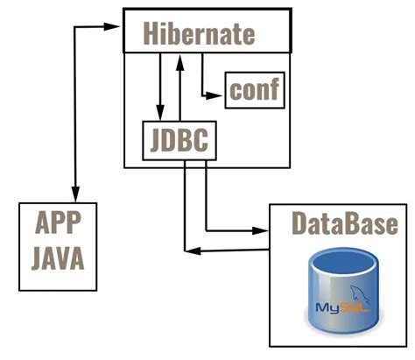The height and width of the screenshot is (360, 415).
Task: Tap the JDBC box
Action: (x=179, y=140)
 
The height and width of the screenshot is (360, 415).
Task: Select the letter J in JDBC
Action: (x=153, y=140)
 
